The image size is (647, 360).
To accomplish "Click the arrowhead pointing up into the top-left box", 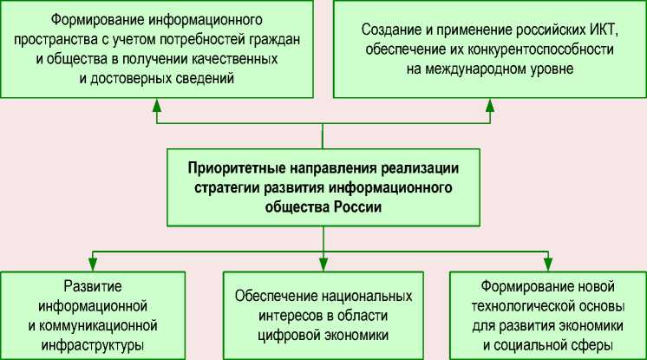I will pyautogui.click(x=157, y=103).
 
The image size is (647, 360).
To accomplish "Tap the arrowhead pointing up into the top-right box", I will pyautogui.click(x=488, y=103).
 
